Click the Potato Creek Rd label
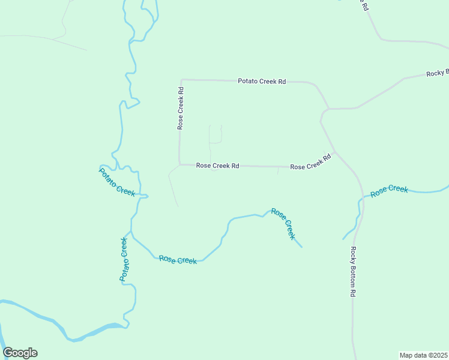point(261,81)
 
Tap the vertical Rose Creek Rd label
point(180,108)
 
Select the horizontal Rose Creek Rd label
point(217,166)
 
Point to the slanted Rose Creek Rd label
point(310,163)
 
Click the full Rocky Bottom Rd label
point(354,272)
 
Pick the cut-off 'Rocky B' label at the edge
point(437,73)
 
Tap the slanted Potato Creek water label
point(116,181)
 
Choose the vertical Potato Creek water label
point(124,259)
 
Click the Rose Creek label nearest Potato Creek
point(178,260)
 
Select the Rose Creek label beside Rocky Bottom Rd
point(389,191)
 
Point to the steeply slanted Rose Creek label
point(283,223)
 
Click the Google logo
point(20,353)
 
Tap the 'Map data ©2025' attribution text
point(423,355)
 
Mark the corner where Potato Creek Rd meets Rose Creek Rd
point(181,79)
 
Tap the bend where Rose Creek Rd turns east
point(179,164)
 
